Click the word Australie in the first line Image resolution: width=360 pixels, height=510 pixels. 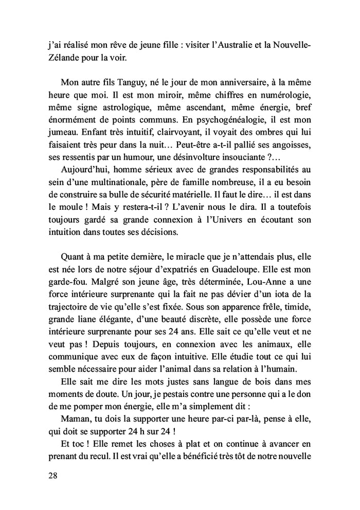click(x=242, y=45)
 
